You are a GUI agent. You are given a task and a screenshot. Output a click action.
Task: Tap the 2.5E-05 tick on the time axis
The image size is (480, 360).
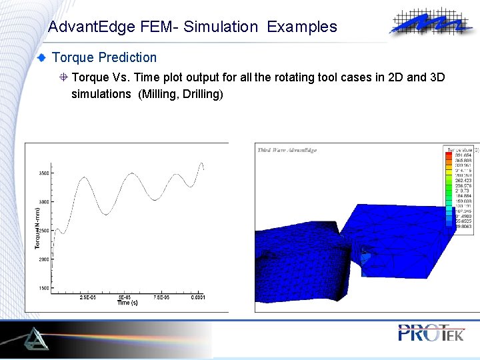[87, 297]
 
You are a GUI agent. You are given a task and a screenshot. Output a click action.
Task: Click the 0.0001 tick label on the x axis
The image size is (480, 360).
[197, 297]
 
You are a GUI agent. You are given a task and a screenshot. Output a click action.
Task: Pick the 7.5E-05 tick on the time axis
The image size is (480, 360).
[161, 297]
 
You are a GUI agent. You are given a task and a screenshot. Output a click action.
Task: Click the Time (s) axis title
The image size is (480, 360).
[127, 303]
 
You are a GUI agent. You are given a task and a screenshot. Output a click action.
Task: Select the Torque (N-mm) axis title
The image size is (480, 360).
[37, 227]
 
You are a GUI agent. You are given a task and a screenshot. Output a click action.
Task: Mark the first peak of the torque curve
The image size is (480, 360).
[84, 178]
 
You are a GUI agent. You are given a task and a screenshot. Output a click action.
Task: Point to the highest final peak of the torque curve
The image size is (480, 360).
[201, 163]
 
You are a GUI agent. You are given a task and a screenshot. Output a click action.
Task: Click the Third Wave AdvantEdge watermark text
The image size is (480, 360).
[287, 150]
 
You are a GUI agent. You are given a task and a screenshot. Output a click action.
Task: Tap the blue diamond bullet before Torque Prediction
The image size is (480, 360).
[43, 58]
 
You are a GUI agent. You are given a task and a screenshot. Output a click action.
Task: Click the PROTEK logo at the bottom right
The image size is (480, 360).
[430, 333]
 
